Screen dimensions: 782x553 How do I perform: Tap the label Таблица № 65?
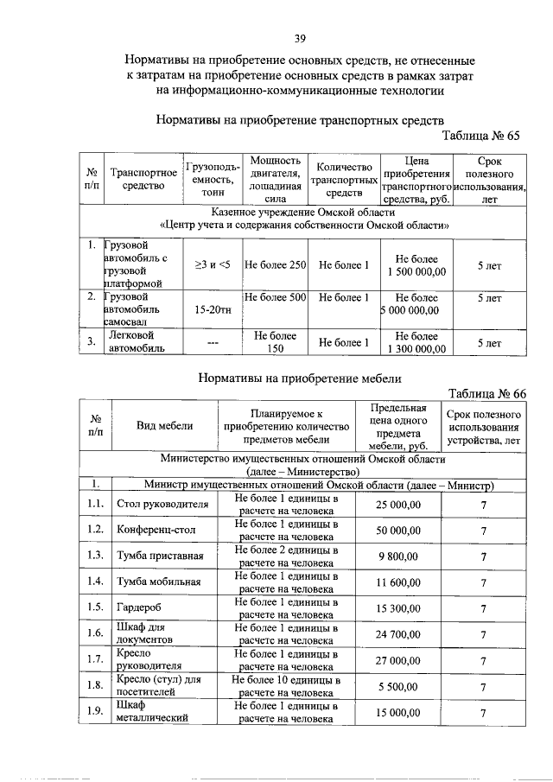[480, 137]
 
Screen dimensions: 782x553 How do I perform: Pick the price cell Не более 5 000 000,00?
[416, 304]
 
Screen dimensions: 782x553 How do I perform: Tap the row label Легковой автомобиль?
[131, 342]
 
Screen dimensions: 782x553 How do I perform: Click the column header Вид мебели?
[164, 425]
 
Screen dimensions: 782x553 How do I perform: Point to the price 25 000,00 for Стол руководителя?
[398, 505]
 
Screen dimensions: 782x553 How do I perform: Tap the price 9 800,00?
[398, 556]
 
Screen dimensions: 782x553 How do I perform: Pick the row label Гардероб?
[139, 608]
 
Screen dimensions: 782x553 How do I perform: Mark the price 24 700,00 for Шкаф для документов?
[398, 635]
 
